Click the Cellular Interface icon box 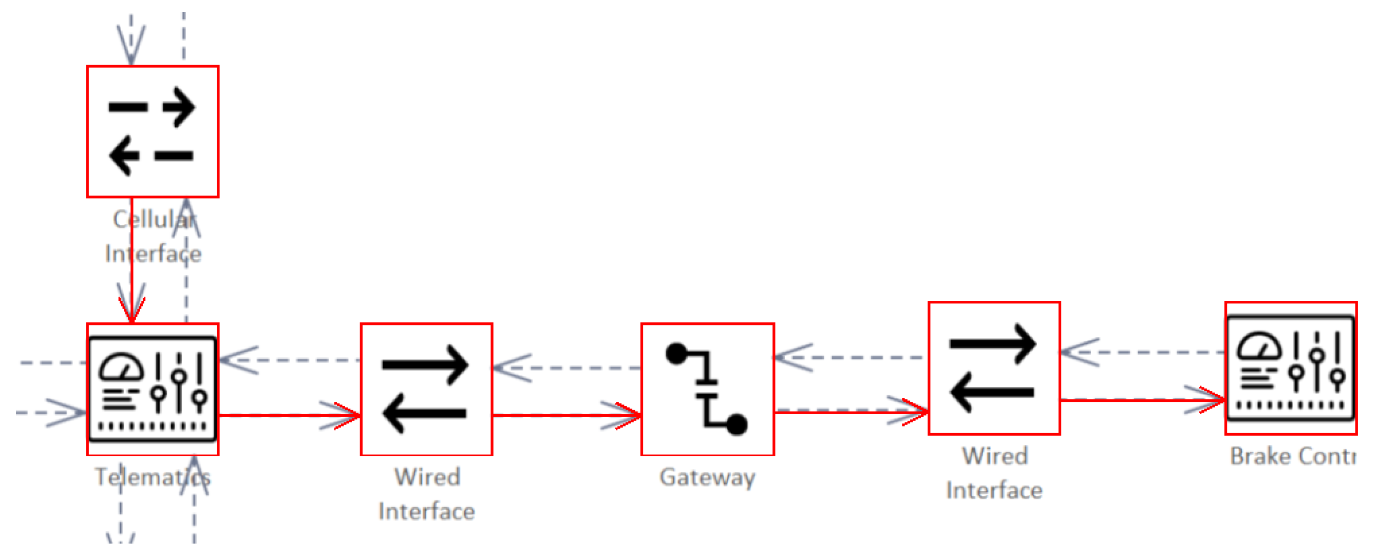(x=153, y=131)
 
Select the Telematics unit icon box (x=153, y=389)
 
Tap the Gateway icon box (x=707, y=389)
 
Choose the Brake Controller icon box (x=1290, y=368)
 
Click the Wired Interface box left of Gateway (x=426, y=389)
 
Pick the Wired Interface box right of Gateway (x=994, y=368)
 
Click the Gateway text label (x=707, y=476)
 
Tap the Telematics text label (x=153, y=476)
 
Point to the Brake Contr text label (x=1292, y=456)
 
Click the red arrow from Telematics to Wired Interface (x=289, y=415)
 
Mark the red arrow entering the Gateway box (x=567, y=415)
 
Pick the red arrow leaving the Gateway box (x=851, y=411)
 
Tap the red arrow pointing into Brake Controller (x=1142, y=399)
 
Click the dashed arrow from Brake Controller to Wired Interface (x=1142, y=353)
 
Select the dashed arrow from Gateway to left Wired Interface (x=567, y=368)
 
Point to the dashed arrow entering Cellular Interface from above (x=131, y=40)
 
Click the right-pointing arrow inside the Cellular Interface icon (x=178, y=107)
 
